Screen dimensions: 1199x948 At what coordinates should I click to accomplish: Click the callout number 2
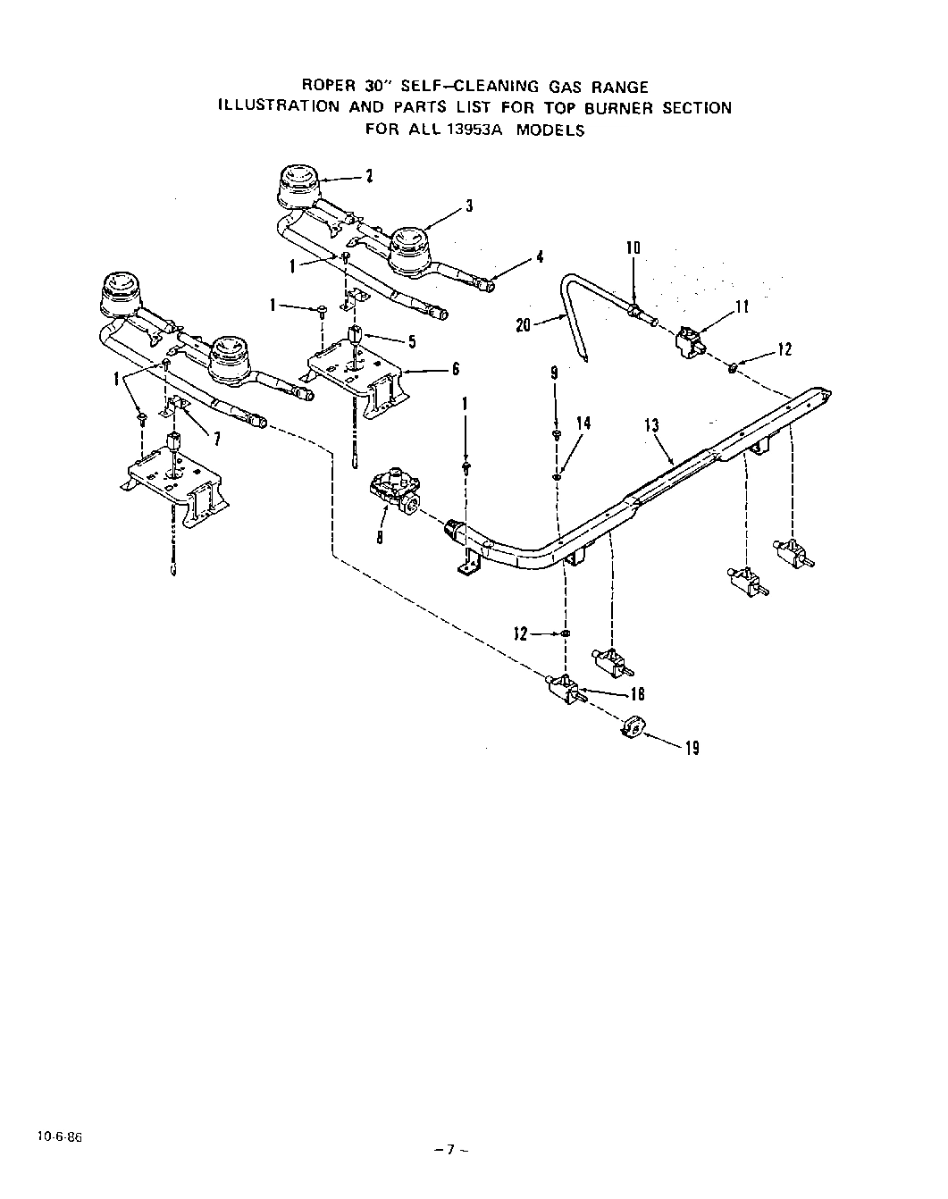click(x=369, y=176)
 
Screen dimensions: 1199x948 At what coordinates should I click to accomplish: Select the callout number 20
click(x=524, y=325)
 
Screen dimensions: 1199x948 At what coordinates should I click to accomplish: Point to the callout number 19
click(x=692, y=748)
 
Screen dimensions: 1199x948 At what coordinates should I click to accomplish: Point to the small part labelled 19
click(x=632, y=729)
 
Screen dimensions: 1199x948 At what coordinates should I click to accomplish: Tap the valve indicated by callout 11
click(x=689, y=341)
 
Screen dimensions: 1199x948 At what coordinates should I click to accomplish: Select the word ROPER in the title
click(x=330, y=87)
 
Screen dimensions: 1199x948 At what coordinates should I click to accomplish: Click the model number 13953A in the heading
click(x=482, y=130)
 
